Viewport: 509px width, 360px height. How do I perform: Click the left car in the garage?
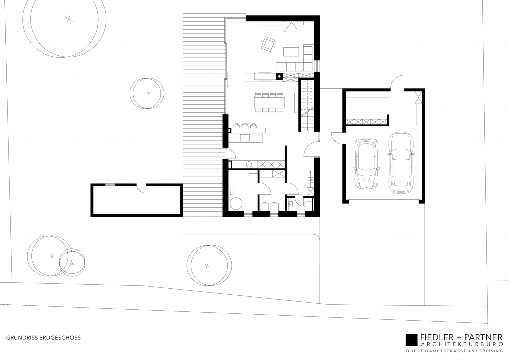(x=366, y=163)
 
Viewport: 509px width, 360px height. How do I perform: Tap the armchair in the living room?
(x=268, y=44)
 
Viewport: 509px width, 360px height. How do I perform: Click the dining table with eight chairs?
(x=269, y=102)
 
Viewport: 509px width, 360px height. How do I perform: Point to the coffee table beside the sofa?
(x=292, y=51)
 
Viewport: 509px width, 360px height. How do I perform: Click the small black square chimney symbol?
(x=279, y=76)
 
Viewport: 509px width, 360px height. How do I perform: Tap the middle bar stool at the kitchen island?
(x=244, y=125)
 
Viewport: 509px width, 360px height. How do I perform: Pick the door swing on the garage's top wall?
(x=398, y=83)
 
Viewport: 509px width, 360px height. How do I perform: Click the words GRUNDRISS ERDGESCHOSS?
(x=43, y=337)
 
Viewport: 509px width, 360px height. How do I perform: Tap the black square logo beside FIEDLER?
(x=411, y=339)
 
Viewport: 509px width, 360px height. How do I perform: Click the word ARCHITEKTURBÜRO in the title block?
(x=460, y=345)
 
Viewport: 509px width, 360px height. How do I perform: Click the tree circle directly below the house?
(x=208, y=265)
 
